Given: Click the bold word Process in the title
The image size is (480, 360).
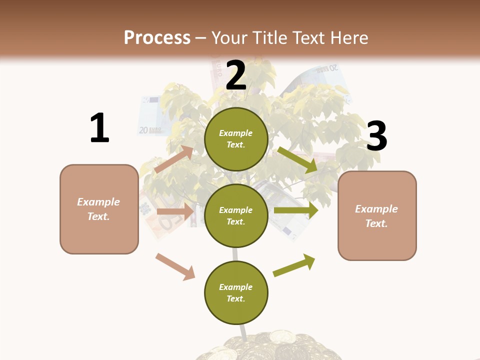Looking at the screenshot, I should click(157, 37).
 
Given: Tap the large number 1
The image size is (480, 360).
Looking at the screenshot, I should click(99, 128).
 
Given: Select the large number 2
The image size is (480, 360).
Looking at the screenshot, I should click(236, 76).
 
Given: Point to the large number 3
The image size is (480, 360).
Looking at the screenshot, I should click(376, 136).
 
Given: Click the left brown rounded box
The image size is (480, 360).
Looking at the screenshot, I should click(99, 209).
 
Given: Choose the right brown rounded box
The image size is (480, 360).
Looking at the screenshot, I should click(377, 216).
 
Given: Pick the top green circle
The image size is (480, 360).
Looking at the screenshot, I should click(236, 139).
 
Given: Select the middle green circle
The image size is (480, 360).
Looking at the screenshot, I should click(236, 215).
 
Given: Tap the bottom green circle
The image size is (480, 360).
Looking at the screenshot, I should click(236, 292).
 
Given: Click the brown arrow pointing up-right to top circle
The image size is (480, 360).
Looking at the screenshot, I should click(174, 159).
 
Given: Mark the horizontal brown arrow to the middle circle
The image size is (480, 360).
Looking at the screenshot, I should click(175, 211).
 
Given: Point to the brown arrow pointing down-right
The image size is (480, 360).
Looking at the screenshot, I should click(175, 266).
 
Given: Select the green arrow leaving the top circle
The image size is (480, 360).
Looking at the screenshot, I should click(297, 160).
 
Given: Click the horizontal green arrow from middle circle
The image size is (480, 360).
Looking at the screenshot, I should click(295, 210).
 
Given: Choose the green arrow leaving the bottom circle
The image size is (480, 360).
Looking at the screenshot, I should click(294, 265).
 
